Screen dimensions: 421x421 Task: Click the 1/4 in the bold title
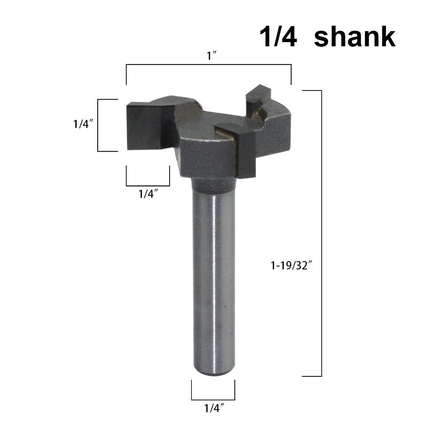pyautogui.click(x=278, y=37)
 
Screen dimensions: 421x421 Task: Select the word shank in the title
pyautogui.click(x=354, y=37)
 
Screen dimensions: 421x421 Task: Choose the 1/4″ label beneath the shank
pyautogui.click(x=213, y=408)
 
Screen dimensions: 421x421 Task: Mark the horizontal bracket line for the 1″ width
pyautogui.click(x=208, y=65)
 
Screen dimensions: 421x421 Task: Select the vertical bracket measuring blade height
pyautogui.click(x=98, y=125)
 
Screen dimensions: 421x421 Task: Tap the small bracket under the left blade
pyautogui.click(x=148, y=185)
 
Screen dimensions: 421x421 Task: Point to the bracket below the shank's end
pyautogui.click(x=213, y=399)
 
